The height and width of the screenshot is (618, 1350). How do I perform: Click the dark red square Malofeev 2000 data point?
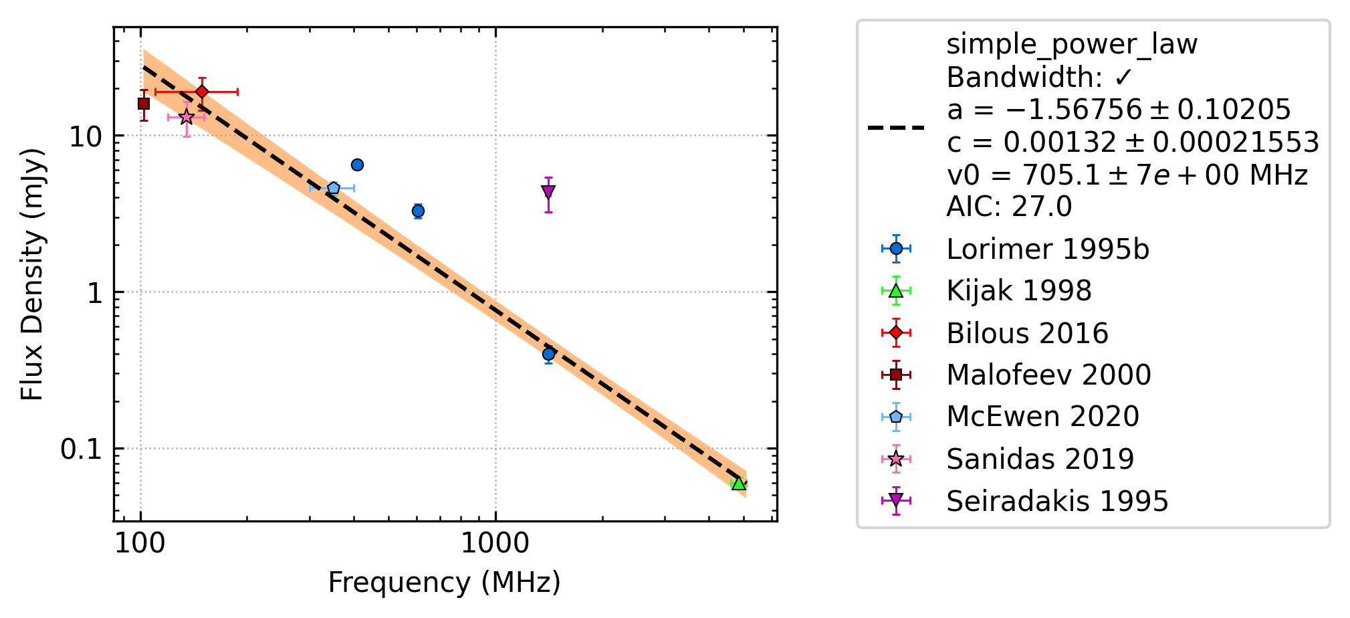pos(144,104)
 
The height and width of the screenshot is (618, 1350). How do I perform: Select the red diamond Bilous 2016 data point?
pos(202,92)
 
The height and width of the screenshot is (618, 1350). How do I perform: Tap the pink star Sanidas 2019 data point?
pos(187,117)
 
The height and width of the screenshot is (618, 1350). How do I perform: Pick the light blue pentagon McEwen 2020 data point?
pos(334,189)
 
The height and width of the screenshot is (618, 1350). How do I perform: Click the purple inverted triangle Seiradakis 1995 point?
pos(548,193)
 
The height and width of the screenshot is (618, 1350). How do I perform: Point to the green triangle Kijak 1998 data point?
pos(738,483)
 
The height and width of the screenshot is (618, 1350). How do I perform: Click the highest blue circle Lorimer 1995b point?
pos(357,165)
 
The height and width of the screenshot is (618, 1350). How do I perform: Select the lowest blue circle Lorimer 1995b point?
pos(548,354)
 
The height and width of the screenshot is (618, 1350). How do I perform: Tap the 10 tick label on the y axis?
pos(86,137)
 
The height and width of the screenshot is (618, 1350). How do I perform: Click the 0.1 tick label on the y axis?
pos(82,449)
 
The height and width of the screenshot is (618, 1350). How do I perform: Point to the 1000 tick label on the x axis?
pos(495,543)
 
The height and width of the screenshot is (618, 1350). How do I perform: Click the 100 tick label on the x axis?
pos(140,543)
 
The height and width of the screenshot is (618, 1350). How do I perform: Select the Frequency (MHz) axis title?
pos(445,583)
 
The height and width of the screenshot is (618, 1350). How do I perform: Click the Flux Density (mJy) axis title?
pos(32,274)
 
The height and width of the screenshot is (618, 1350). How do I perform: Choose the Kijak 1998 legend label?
pos(1019,291)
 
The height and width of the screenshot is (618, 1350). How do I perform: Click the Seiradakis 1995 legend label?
pos(1057,501)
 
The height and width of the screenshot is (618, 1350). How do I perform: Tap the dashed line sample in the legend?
pos(896,127)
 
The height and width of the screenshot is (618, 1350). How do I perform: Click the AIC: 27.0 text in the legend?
pos(1009,207)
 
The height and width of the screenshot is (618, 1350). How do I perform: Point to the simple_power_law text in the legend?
pos(1072,45)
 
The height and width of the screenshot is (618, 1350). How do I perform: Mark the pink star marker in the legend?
pos(896,459)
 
